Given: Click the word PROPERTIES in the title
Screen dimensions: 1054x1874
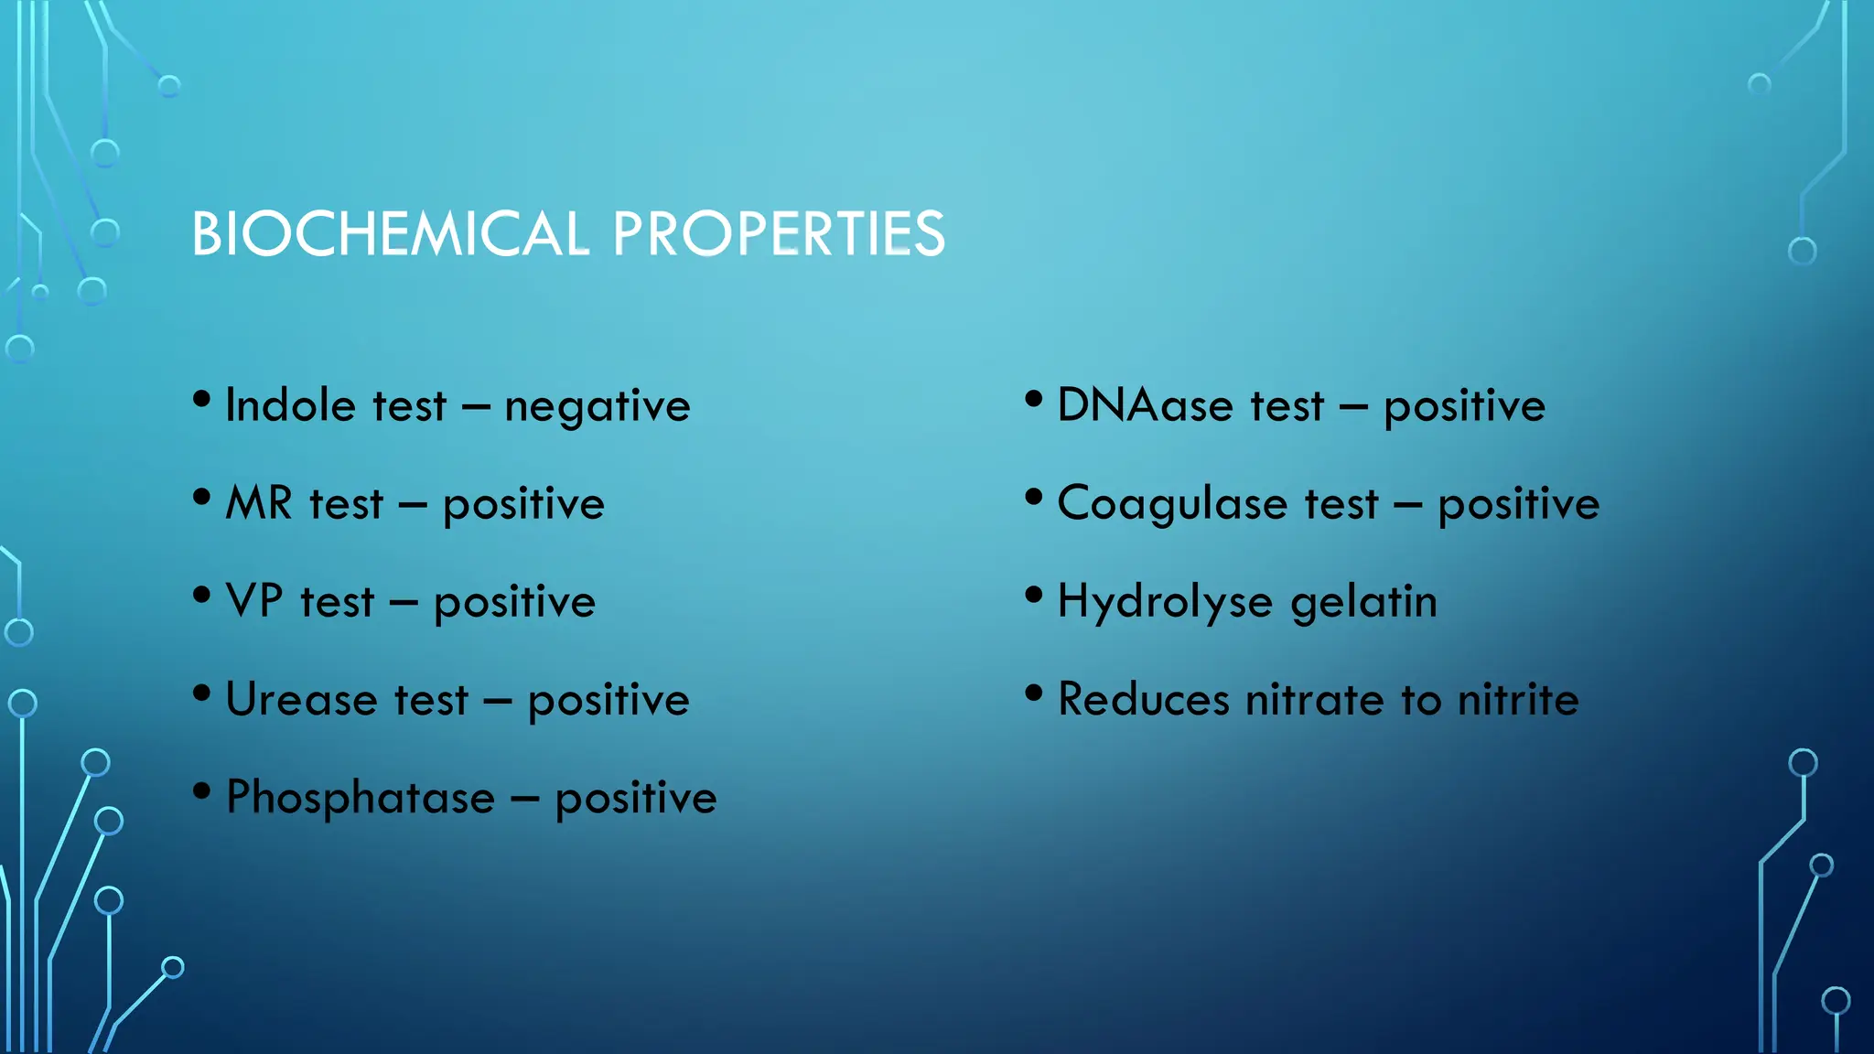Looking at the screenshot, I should (779, 233).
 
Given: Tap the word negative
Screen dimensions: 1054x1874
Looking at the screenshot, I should (598, 407).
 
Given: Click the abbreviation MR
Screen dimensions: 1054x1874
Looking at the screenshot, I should (259, 503).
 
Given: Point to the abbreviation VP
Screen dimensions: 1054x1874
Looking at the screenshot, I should (254, 601).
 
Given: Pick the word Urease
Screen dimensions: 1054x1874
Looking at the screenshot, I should (301, 700).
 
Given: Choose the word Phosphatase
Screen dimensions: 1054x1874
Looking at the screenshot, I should (361, 798).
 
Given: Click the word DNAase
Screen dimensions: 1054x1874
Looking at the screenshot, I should (1145, 405).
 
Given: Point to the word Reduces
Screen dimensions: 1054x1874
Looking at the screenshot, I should (1143, 700).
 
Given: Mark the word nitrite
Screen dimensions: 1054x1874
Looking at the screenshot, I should (1518, 700).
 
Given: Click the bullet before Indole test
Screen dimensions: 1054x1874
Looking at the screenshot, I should (202, 400).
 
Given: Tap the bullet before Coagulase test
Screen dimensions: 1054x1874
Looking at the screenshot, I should (1034, 498).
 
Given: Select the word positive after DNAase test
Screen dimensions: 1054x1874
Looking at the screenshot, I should (1464, 407).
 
